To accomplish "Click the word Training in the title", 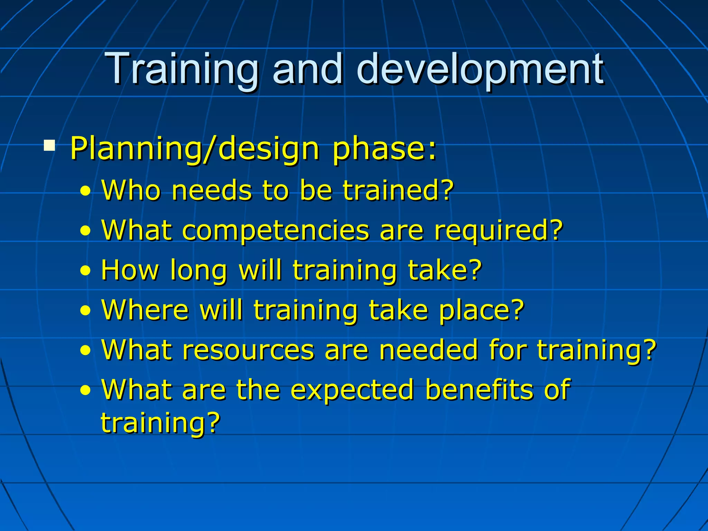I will pos(183,69).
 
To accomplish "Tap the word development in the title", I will pos(481,69).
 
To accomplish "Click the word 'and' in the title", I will pos(308,69).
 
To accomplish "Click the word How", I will pos(130,270).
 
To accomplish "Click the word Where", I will pos(145,310).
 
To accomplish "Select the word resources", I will pos(248,350).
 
